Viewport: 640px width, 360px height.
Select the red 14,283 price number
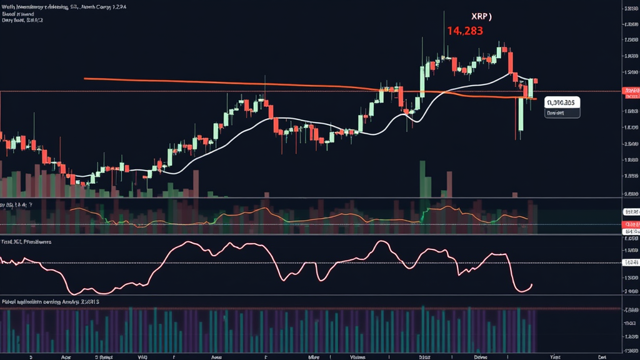(464, 30)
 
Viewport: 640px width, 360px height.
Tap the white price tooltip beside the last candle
(562, 102)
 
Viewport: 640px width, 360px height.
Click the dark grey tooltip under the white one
(561, 113)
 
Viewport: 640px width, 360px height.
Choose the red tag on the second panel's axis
(632, 224)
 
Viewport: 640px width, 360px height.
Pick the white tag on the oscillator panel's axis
(632, 262)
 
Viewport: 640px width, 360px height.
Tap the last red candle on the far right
(535, 81)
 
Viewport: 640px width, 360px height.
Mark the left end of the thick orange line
(85, 79)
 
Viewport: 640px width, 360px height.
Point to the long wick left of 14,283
(444, 31)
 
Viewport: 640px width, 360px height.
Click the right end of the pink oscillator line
(532, 285)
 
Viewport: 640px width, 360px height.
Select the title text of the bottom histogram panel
(50, 301)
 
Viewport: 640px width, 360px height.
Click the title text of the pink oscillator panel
(26, 241)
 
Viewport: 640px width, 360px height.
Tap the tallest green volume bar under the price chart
(422, 179)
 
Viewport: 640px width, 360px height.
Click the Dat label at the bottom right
(602, 356)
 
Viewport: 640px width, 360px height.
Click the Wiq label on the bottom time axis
(142, 356)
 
